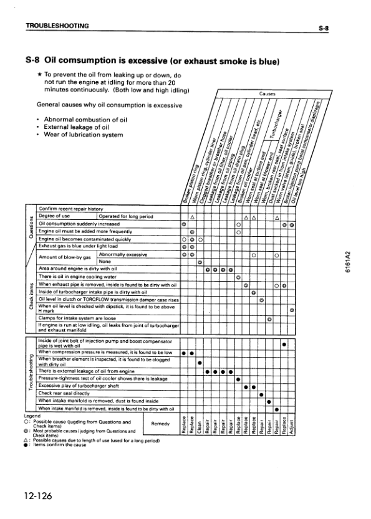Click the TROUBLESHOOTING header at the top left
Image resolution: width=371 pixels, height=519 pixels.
pyautogui.click(x=57, y=26)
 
